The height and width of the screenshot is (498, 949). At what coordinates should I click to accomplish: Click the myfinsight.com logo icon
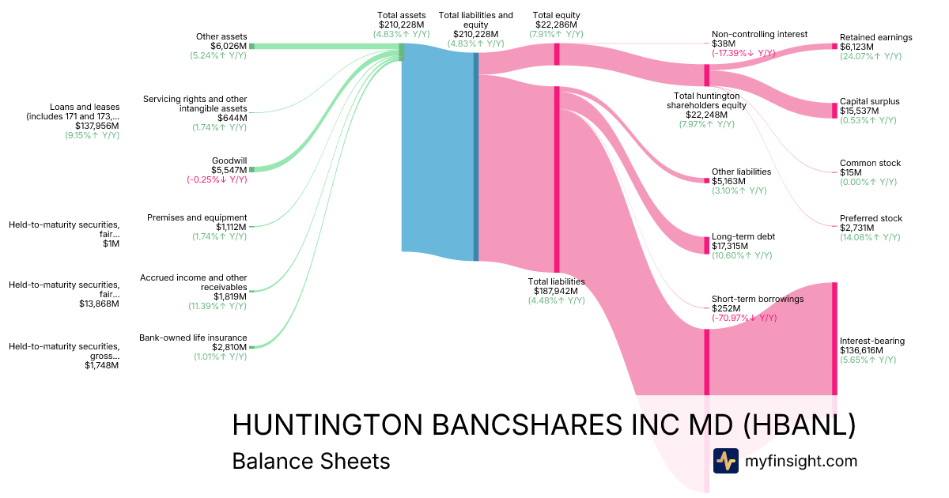click(726, 461)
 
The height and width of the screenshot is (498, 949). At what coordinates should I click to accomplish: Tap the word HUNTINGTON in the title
click(327, 424)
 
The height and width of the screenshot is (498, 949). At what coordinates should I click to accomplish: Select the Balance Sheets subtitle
click(311, 461)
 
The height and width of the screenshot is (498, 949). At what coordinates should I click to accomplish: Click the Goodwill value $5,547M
click(229, 170)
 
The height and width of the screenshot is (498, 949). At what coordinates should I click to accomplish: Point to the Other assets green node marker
click(251, 46)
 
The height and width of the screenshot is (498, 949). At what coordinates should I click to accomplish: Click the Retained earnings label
click(876, 37)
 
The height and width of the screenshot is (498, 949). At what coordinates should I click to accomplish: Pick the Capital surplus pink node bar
click(834, 111)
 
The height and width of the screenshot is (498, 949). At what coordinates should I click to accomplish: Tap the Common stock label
click(870, 163)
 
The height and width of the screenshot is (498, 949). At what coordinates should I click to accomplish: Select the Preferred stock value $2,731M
click(856, 228)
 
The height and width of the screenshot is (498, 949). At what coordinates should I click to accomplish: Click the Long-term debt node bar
click(707, 246)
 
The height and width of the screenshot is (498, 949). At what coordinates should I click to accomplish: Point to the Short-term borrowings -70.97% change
click(744, 318)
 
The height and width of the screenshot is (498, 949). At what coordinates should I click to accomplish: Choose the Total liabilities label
click(556, 281)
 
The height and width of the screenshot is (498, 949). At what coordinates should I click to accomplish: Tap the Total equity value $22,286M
click(556, 25)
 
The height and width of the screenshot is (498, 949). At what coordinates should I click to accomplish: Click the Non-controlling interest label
click(760, 34)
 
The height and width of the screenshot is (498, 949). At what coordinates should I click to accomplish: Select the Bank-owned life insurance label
click(193, 338)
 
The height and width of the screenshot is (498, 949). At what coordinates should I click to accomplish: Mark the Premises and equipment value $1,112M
click(231, 227)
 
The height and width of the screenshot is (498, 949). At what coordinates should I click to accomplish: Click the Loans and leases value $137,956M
click(97, 126)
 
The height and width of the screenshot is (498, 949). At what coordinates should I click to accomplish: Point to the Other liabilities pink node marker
click(707, 181)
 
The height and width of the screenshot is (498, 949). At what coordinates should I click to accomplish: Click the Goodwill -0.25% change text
click(217, 179)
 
